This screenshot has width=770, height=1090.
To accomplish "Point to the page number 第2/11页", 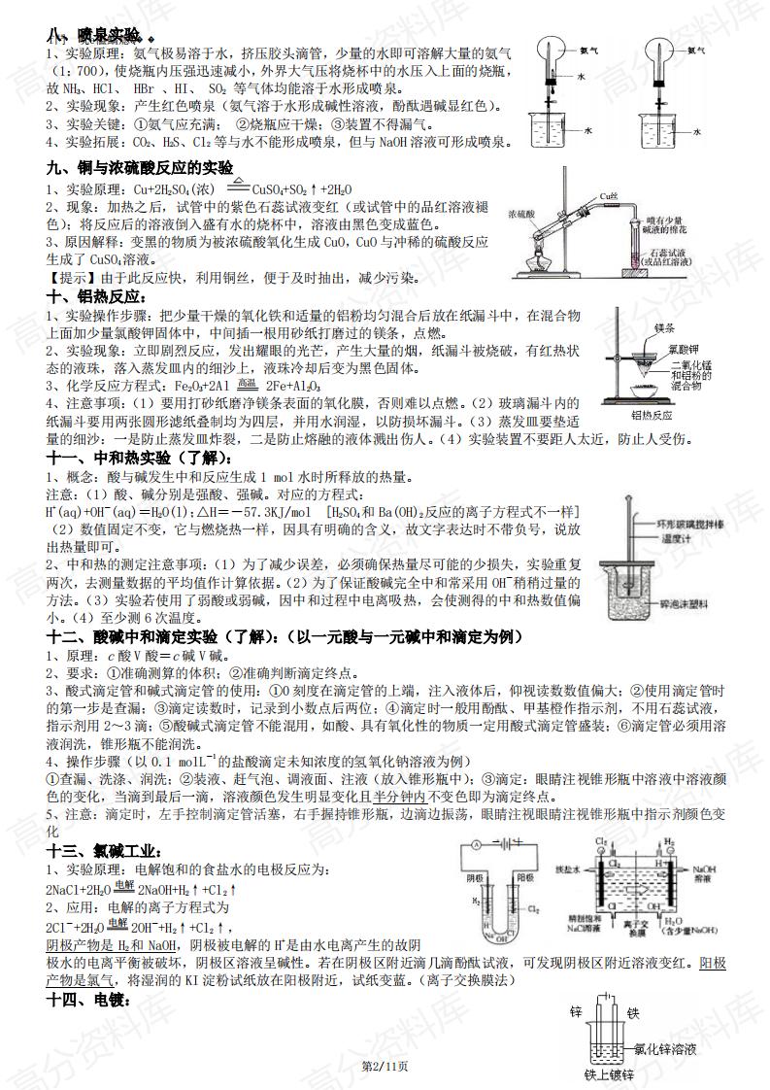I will [x=385, y=1067].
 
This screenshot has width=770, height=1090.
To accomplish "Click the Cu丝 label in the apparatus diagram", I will [x=609, y=196].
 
